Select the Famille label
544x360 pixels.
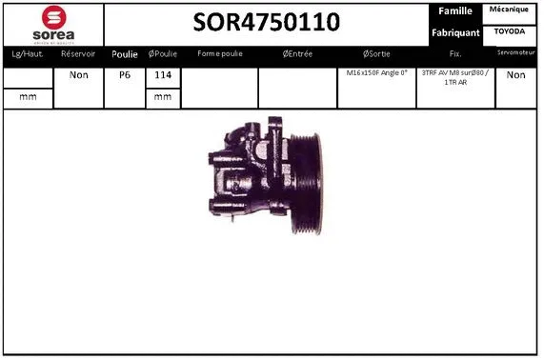click(x=455, y=11)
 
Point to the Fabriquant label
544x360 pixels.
click(x=455, y=32)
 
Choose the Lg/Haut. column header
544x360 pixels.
click(x=26, y=54)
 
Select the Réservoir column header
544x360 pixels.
click(x=78, y=54)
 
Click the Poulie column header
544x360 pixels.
click(x=125, y=54)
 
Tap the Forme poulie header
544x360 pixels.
click(x=218, y=54)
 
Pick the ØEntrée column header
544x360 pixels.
click(x=297, y=54)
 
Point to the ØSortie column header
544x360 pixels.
click(x=376, y=54)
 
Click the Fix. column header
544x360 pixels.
click(x=455, y=54)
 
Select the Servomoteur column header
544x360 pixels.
click(x=515, y=53)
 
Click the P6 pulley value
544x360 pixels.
click(x=125, y=74)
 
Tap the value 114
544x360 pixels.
click(x=163, y=74)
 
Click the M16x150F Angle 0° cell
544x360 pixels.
click(x=376, y=73)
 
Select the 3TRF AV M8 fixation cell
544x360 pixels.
click(x=455, y=78)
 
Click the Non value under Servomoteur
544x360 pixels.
click(x=515, y=74)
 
